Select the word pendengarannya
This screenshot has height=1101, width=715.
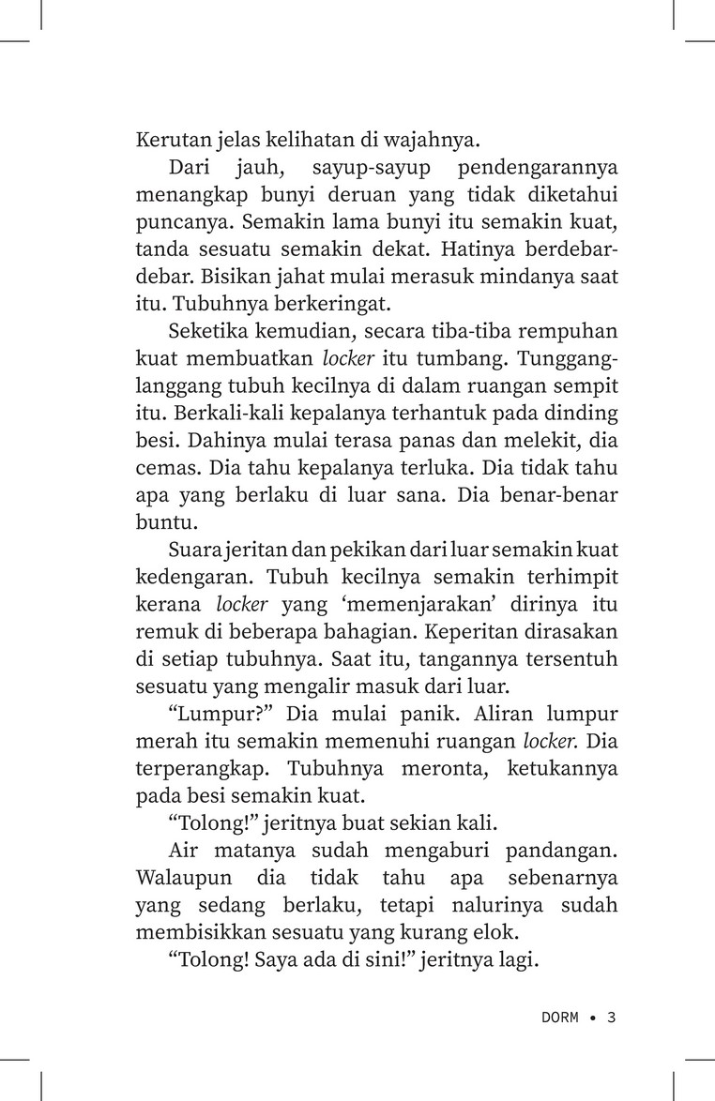click(536, 168)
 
